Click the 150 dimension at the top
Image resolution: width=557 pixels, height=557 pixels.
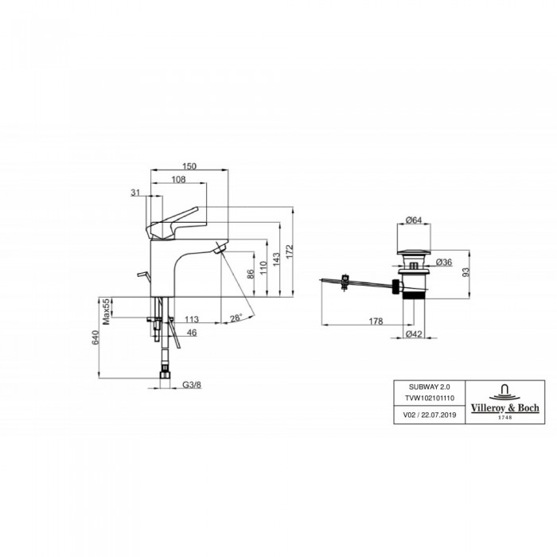[x=189, y=166]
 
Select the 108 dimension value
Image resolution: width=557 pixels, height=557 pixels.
[x=179, y=180]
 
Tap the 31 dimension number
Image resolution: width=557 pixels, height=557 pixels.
[x=134, y=192]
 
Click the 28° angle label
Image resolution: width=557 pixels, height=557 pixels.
[x=236, y=318]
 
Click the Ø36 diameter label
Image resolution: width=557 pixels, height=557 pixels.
[x=444, y=263]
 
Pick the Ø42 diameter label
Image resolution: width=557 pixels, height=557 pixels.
[x=414, y=334]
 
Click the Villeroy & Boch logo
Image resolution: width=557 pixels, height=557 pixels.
[x=502, y=402]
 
